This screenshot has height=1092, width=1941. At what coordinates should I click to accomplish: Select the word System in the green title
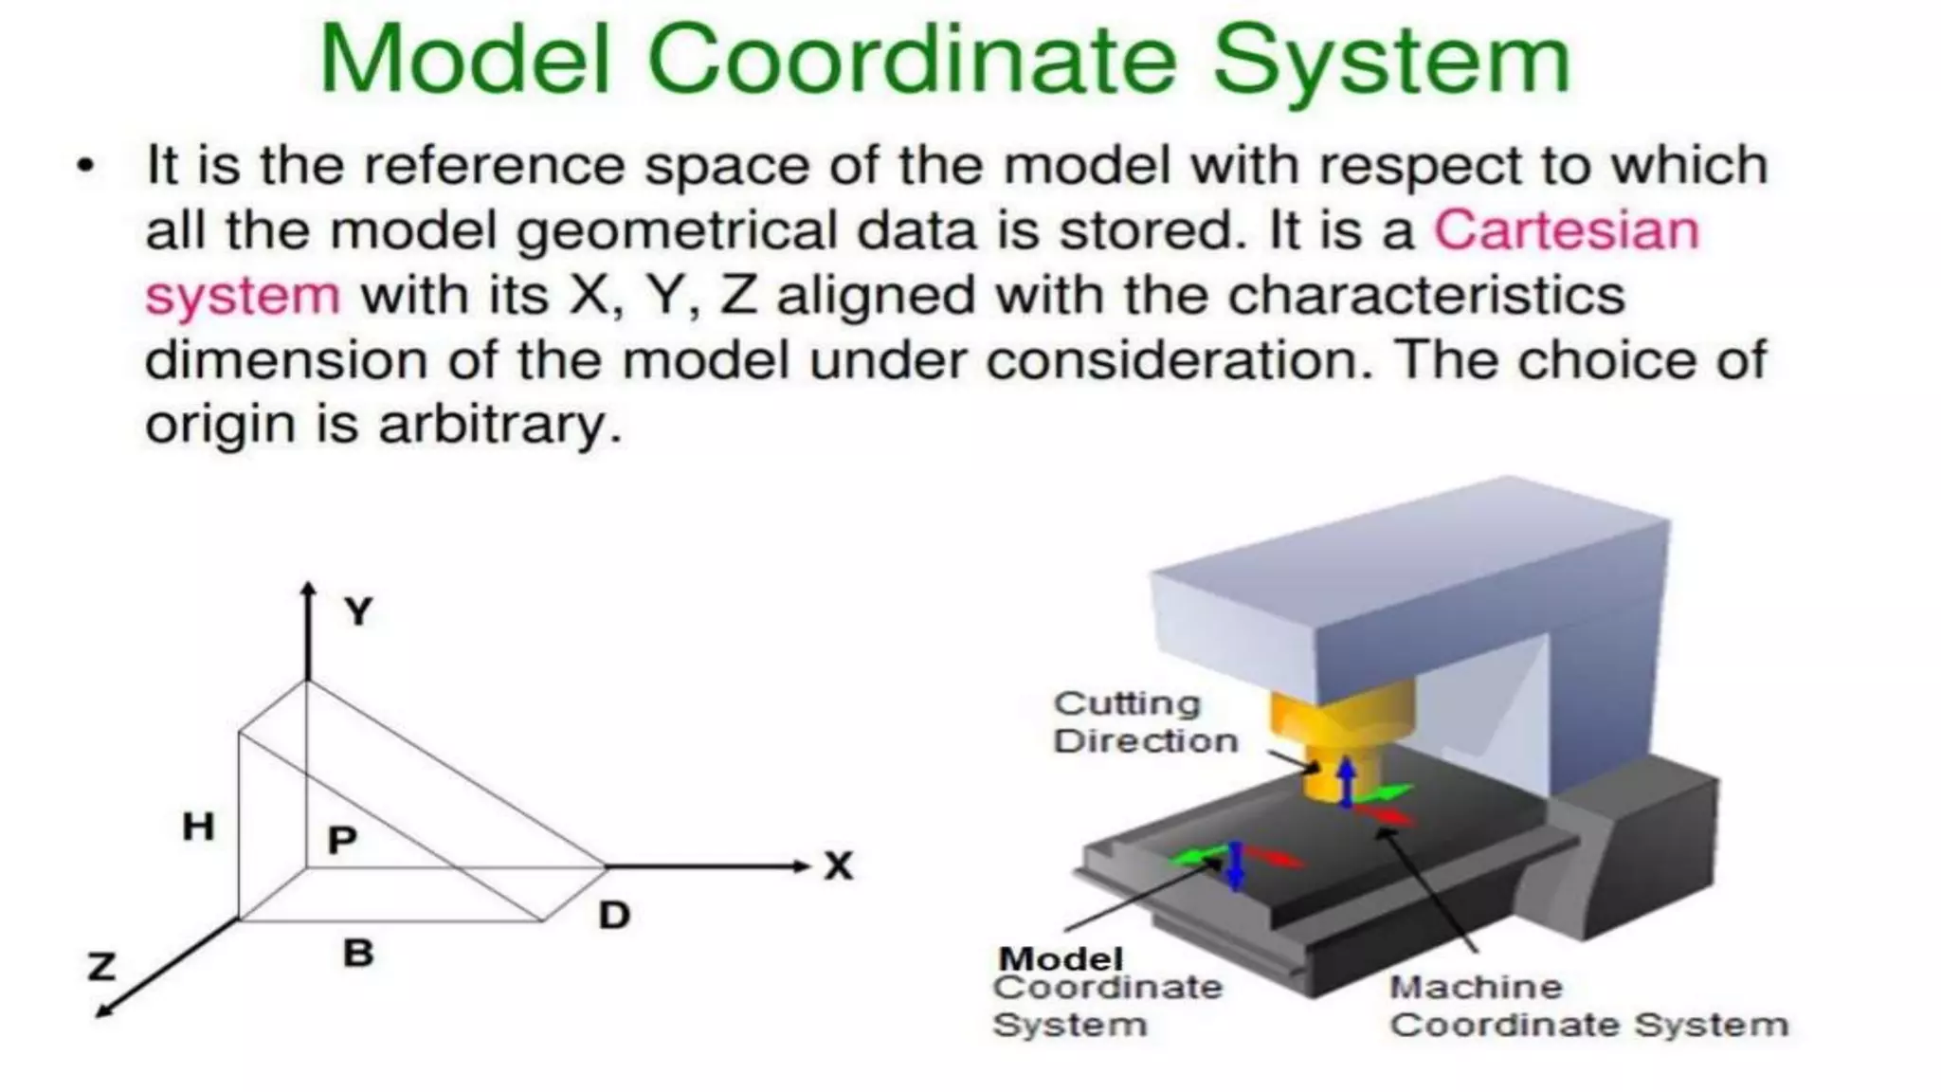pos(1391,61)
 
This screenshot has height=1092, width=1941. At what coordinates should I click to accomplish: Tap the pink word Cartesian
pos(1566,230)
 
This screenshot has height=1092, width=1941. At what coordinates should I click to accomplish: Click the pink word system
pos(242,296)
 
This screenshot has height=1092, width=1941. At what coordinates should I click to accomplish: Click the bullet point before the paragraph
pos(86,166)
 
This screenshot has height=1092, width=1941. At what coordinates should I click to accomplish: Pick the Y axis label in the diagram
pos(358,612)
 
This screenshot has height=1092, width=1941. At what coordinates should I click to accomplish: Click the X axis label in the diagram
pos(839,866)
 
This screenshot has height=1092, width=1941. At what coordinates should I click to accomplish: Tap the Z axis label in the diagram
pos(101,967)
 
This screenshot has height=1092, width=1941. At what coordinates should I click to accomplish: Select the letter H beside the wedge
pos(198,827)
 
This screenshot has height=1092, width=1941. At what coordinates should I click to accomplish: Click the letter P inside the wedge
pos(341,840)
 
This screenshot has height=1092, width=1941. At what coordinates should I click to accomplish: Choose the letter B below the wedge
pos(357,953)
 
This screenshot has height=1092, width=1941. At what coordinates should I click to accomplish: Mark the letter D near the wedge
pos(614,916)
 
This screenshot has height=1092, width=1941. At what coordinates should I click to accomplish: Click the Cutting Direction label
pos(1145,722)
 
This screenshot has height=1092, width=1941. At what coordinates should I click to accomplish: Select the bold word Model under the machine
pos(1061,958)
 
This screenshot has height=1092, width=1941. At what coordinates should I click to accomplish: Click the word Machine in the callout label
pos(1476,987)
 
